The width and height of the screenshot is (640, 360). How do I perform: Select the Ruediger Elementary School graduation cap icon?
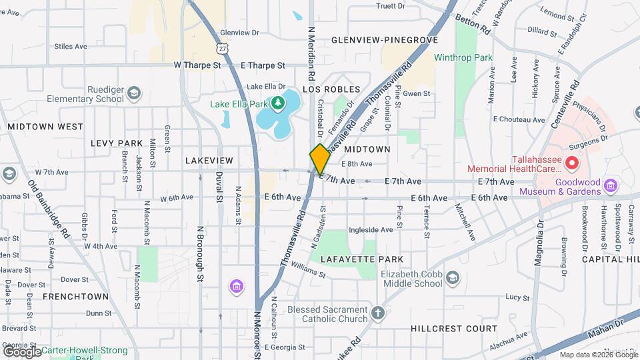pyautogui.click(x=134, y=93)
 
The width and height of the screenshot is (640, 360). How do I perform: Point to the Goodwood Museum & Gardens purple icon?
pyautogui.click(x=609, y=185)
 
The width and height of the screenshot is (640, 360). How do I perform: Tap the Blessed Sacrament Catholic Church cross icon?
pyautogui.click(x=378, y=313)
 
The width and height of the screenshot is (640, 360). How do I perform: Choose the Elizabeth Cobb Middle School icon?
pyautogui.click(x=453, y=277)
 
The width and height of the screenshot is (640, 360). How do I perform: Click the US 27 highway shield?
pyautogui.click(x=221, y=47)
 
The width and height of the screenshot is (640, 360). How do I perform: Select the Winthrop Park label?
pyautogui.click(x=463, y=57)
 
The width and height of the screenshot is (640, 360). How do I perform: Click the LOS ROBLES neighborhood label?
pyautogui.click(x=331, y=89)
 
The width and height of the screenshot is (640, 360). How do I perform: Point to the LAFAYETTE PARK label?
pyautogui.click(x=362, y=259)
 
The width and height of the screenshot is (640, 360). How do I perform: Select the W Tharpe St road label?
pyautogui.click(x=197, y=65)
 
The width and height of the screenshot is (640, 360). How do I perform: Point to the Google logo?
pyautogui.click(x=22, y=351)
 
